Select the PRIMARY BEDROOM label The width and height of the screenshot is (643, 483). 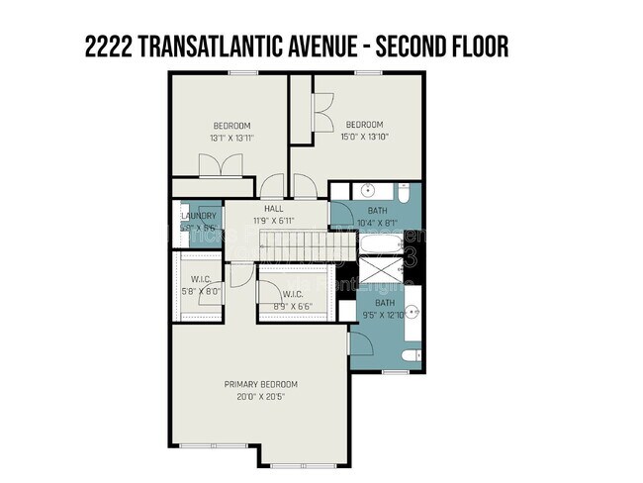coord(260,384)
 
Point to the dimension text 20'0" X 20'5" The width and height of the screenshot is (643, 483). coord(260,396)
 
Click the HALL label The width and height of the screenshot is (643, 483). coord(274,209)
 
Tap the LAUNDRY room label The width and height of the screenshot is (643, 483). coord(198,216)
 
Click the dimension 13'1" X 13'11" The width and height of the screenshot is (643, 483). coord(231,138)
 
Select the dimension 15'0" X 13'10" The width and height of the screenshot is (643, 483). coord(366,136)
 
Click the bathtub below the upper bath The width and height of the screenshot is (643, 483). coord(381,242)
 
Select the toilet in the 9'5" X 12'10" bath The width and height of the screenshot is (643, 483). coord(412,354)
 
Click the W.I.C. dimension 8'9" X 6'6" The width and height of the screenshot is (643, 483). coord(292,306)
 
